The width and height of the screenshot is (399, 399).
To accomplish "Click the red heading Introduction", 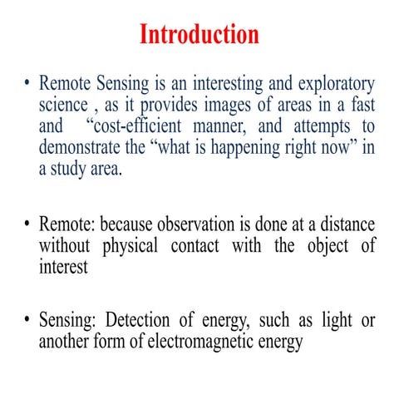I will point(199,34).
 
